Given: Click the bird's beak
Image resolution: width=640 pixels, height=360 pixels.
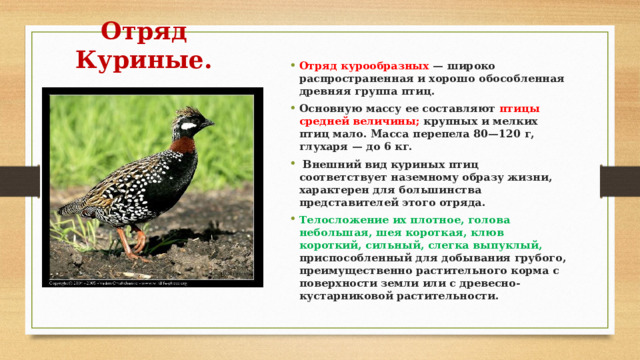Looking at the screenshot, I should [x=211, y=122].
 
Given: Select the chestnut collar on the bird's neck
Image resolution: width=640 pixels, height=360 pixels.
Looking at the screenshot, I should [x=180, y=145].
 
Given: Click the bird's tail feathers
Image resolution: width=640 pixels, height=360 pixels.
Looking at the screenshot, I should [x=75, y=207].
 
